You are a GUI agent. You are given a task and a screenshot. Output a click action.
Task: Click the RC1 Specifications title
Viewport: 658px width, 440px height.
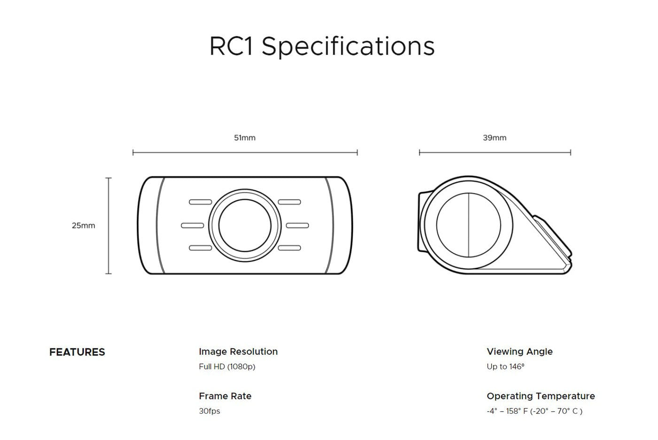[x=321, y=47]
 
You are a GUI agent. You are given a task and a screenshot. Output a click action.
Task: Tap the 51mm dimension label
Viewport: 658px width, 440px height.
[x=245, y=138]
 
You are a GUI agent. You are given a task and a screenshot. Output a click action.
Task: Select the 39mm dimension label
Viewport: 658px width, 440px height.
[x=494, y=138]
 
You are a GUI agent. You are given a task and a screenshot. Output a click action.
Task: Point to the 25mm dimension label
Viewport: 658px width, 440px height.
[x=84, y=226]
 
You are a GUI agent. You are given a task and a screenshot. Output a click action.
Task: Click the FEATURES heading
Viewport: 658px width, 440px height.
[x=77, y=352]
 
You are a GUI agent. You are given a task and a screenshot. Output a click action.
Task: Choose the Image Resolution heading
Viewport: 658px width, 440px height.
[x=238, y=352]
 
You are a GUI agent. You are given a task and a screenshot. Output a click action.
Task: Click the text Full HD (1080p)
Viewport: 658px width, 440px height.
[x=227, y=367]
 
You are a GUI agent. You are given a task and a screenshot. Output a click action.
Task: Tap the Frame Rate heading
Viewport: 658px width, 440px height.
[x=225, y=396]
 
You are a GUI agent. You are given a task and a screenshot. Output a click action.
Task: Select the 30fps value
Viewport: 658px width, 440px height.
[x=210, y=411]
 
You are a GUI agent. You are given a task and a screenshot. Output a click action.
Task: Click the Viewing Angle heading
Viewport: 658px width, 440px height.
[x=520, y=352]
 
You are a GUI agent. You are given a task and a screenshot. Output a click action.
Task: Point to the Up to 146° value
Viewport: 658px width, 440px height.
[x=506, y=367]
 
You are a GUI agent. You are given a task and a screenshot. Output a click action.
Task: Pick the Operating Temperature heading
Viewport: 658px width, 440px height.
[x=541, y=396]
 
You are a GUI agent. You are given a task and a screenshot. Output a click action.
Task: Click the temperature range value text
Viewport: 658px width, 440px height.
[x=535, y=411]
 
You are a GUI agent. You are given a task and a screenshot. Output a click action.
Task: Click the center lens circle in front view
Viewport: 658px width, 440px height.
[x=245, y=225]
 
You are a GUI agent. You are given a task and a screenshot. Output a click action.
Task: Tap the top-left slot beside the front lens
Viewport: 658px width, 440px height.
[x=200, y=202]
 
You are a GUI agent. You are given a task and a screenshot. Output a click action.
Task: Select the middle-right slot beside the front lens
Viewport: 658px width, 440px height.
[x=297, y=226]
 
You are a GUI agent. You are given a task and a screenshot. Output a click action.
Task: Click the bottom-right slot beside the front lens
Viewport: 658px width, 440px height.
[x=290, y=248]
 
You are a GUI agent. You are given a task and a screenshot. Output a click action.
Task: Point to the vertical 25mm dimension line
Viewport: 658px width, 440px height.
[x=109, y=226]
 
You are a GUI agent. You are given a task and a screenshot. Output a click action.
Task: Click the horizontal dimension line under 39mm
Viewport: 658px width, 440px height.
[x=495, y=152]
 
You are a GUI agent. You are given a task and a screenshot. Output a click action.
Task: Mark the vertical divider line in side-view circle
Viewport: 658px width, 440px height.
[x=469, y=225]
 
